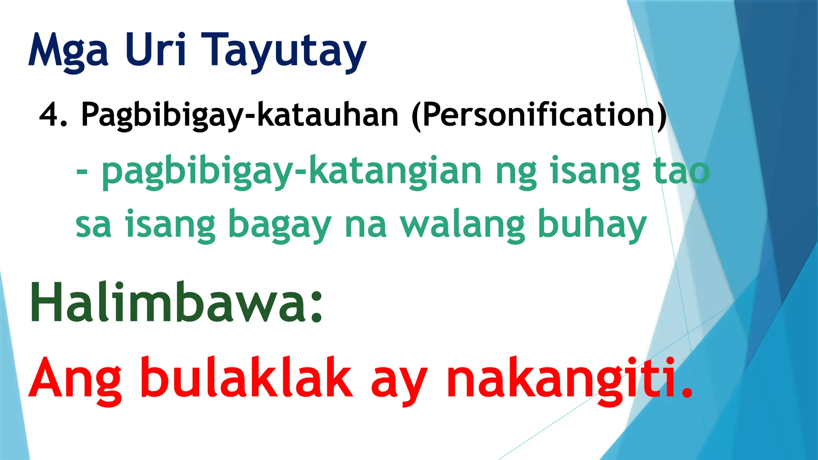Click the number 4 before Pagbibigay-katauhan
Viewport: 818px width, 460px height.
point(50,115)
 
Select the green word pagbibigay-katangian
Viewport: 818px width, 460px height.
point(291,172)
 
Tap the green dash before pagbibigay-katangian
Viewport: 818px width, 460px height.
point(82,172)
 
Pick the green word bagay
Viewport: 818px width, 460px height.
point(280,226)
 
